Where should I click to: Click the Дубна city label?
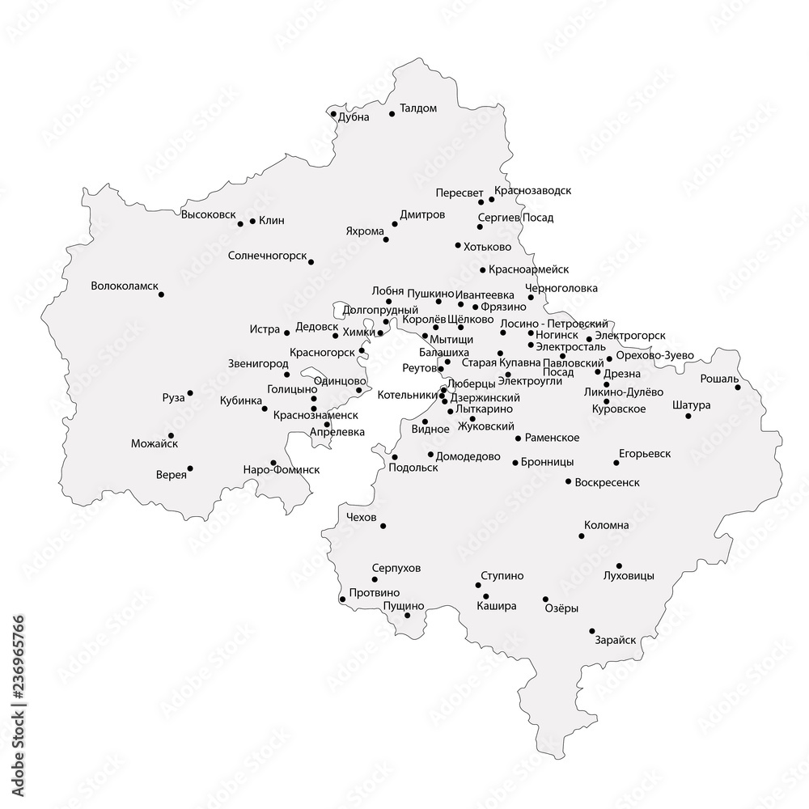pos(354,117)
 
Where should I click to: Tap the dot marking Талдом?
pos(392,114)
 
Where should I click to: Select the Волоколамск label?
pos(125,286)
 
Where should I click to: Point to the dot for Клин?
pos(252,221)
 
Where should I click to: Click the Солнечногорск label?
pos(267,256)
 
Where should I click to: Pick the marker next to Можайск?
pos(172,435)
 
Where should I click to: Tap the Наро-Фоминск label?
pos(282,469)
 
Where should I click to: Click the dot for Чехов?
pos(383,526)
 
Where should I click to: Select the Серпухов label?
pos(396,569)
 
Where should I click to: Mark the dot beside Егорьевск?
pos(616,463)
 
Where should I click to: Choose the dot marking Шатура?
pos(688,416)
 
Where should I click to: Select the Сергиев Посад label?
pos(515,218)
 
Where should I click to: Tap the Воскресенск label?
pos(607,482)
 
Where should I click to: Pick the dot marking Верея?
pos(190,468)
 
